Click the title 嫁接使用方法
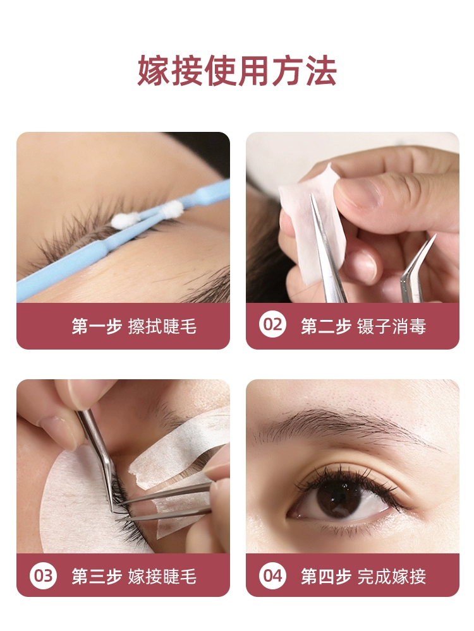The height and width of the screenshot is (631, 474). click(x=237, y=71)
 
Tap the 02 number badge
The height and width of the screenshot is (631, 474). click(x=272, y=324)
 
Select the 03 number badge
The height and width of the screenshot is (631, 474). click(x=43, y=575)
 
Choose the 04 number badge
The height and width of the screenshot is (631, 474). click(x=272, y=575)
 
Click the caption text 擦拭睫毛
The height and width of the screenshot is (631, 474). click(x=162, y=326)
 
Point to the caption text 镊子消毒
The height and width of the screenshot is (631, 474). click(x=391, y=326)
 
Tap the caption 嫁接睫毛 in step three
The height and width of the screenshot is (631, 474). click(x=162, y=576)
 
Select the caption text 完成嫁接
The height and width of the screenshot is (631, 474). click(x=391, y=576)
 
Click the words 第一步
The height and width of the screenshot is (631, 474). click(x=97, y=326)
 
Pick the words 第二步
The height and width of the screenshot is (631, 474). click(x=325, y=326)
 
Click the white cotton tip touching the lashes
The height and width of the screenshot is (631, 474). click(x=125, y=220)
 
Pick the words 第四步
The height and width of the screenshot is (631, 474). click(x=325, y=576)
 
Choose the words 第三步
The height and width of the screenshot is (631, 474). click(x=97, y=576)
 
